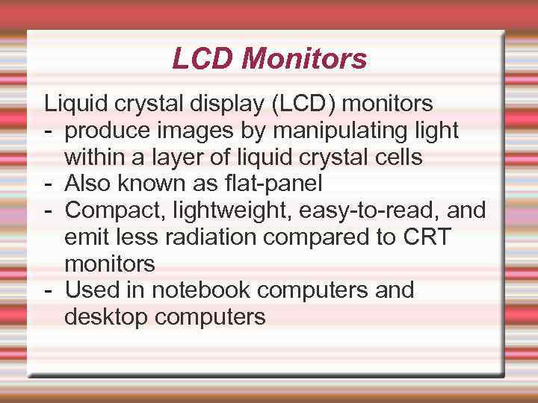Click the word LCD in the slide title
tap(203, 58)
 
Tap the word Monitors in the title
tap(305, 58)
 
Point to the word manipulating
tap(344, 131)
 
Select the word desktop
tap(106, 317)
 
